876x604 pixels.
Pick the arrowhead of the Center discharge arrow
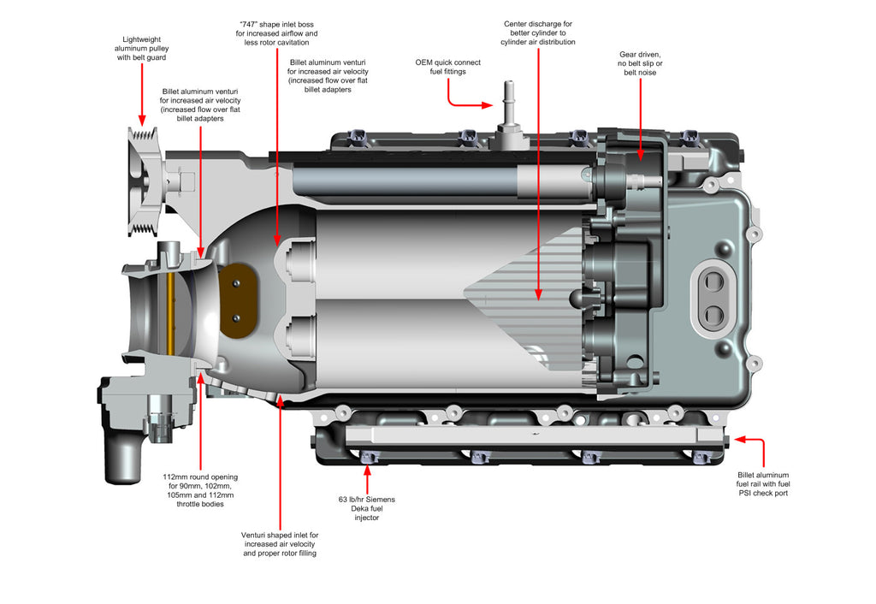click(x=538, y=295)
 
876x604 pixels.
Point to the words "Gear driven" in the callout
click(x=640, y=53)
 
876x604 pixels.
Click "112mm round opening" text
click(x=200, y=477)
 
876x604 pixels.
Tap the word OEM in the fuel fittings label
click(x=425, y=62)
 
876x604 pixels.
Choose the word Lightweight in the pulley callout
click(x=141, y=38)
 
